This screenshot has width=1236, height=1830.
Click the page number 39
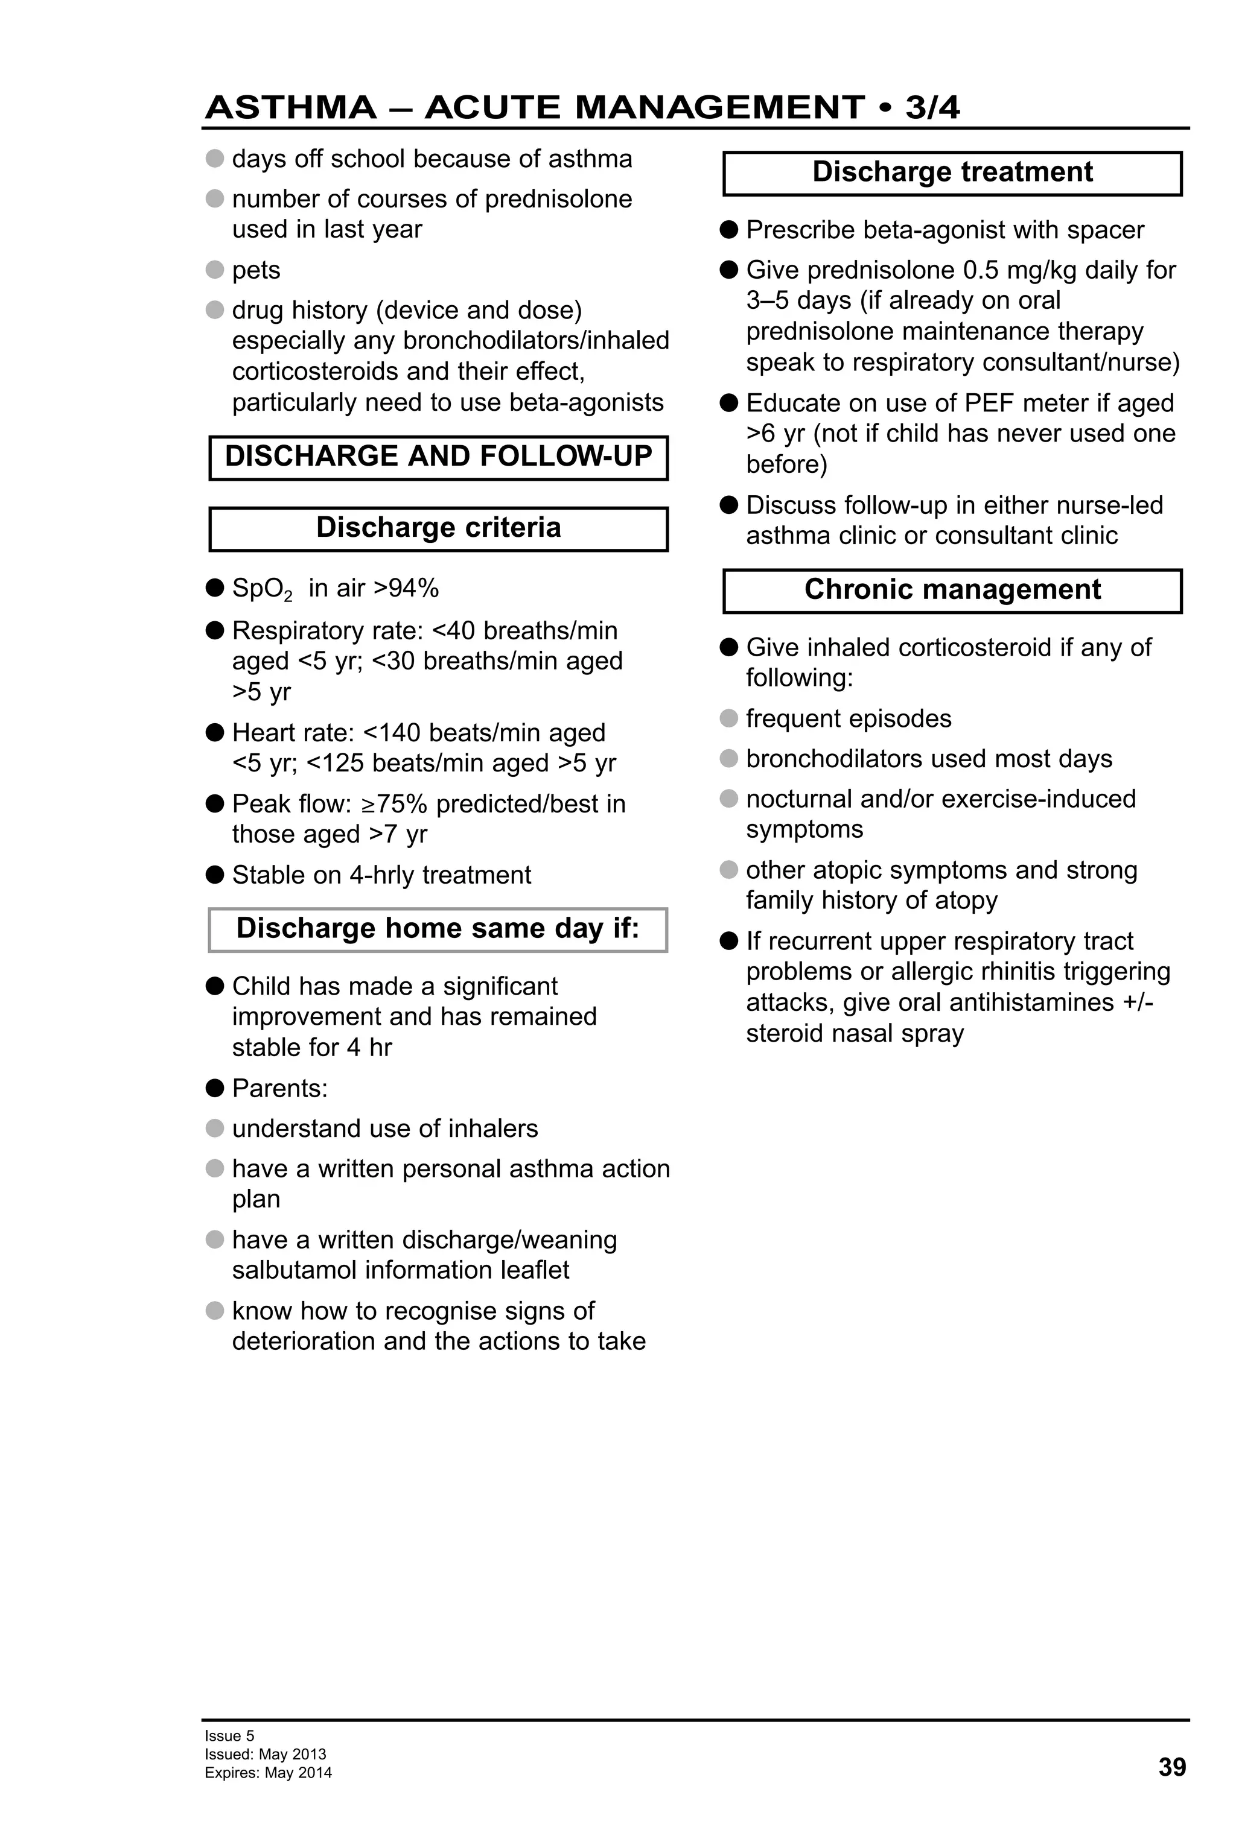pos(1171,1767)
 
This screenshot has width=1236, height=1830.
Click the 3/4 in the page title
pos(932,107)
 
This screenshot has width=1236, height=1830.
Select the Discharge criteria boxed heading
pos(438,528)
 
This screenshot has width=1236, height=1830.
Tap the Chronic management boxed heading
pos(952,590)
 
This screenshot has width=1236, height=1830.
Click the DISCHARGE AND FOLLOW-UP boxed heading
pos(438,457)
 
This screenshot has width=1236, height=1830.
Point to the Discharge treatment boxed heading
pos(952,173)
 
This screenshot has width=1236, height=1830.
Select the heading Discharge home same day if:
pos(438,928)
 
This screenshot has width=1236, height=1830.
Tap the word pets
pos(256,270)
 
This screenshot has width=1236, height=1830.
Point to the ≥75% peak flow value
pos(394,804)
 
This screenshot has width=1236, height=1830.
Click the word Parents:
pos(279,1088)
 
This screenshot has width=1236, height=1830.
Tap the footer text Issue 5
pos(229,1735)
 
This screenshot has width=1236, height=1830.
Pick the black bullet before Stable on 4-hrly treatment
pos(214,875)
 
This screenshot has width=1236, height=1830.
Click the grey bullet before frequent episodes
pos(728,718)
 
